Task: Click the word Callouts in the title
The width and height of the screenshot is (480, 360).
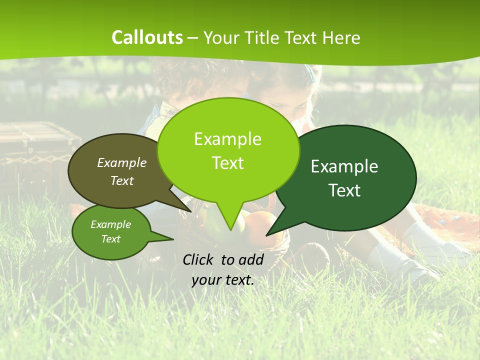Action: [x=147, y=37]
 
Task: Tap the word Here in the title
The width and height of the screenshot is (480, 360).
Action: [x=342, y=38]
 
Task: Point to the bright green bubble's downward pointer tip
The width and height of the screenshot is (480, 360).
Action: [x=230, y=230]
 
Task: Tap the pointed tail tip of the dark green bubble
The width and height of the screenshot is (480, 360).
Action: [x=266, y=235]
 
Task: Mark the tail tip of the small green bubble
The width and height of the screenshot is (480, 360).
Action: [x=173, y=239]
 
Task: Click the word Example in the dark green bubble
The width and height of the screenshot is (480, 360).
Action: [x=344, y=166]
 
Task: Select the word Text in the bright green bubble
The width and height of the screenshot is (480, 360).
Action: [x=228, y=163]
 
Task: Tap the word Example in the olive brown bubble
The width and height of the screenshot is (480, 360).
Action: [x=122, y=162]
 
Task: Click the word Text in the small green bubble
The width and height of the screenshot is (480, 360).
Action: [x=111, y=239]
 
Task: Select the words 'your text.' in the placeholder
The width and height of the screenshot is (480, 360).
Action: [x=223, y=280]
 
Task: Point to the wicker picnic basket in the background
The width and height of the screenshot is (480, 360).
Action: [x=35, y=145]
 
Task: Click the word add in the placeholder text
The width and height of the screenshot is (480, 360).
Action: [x=251, y=259]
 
